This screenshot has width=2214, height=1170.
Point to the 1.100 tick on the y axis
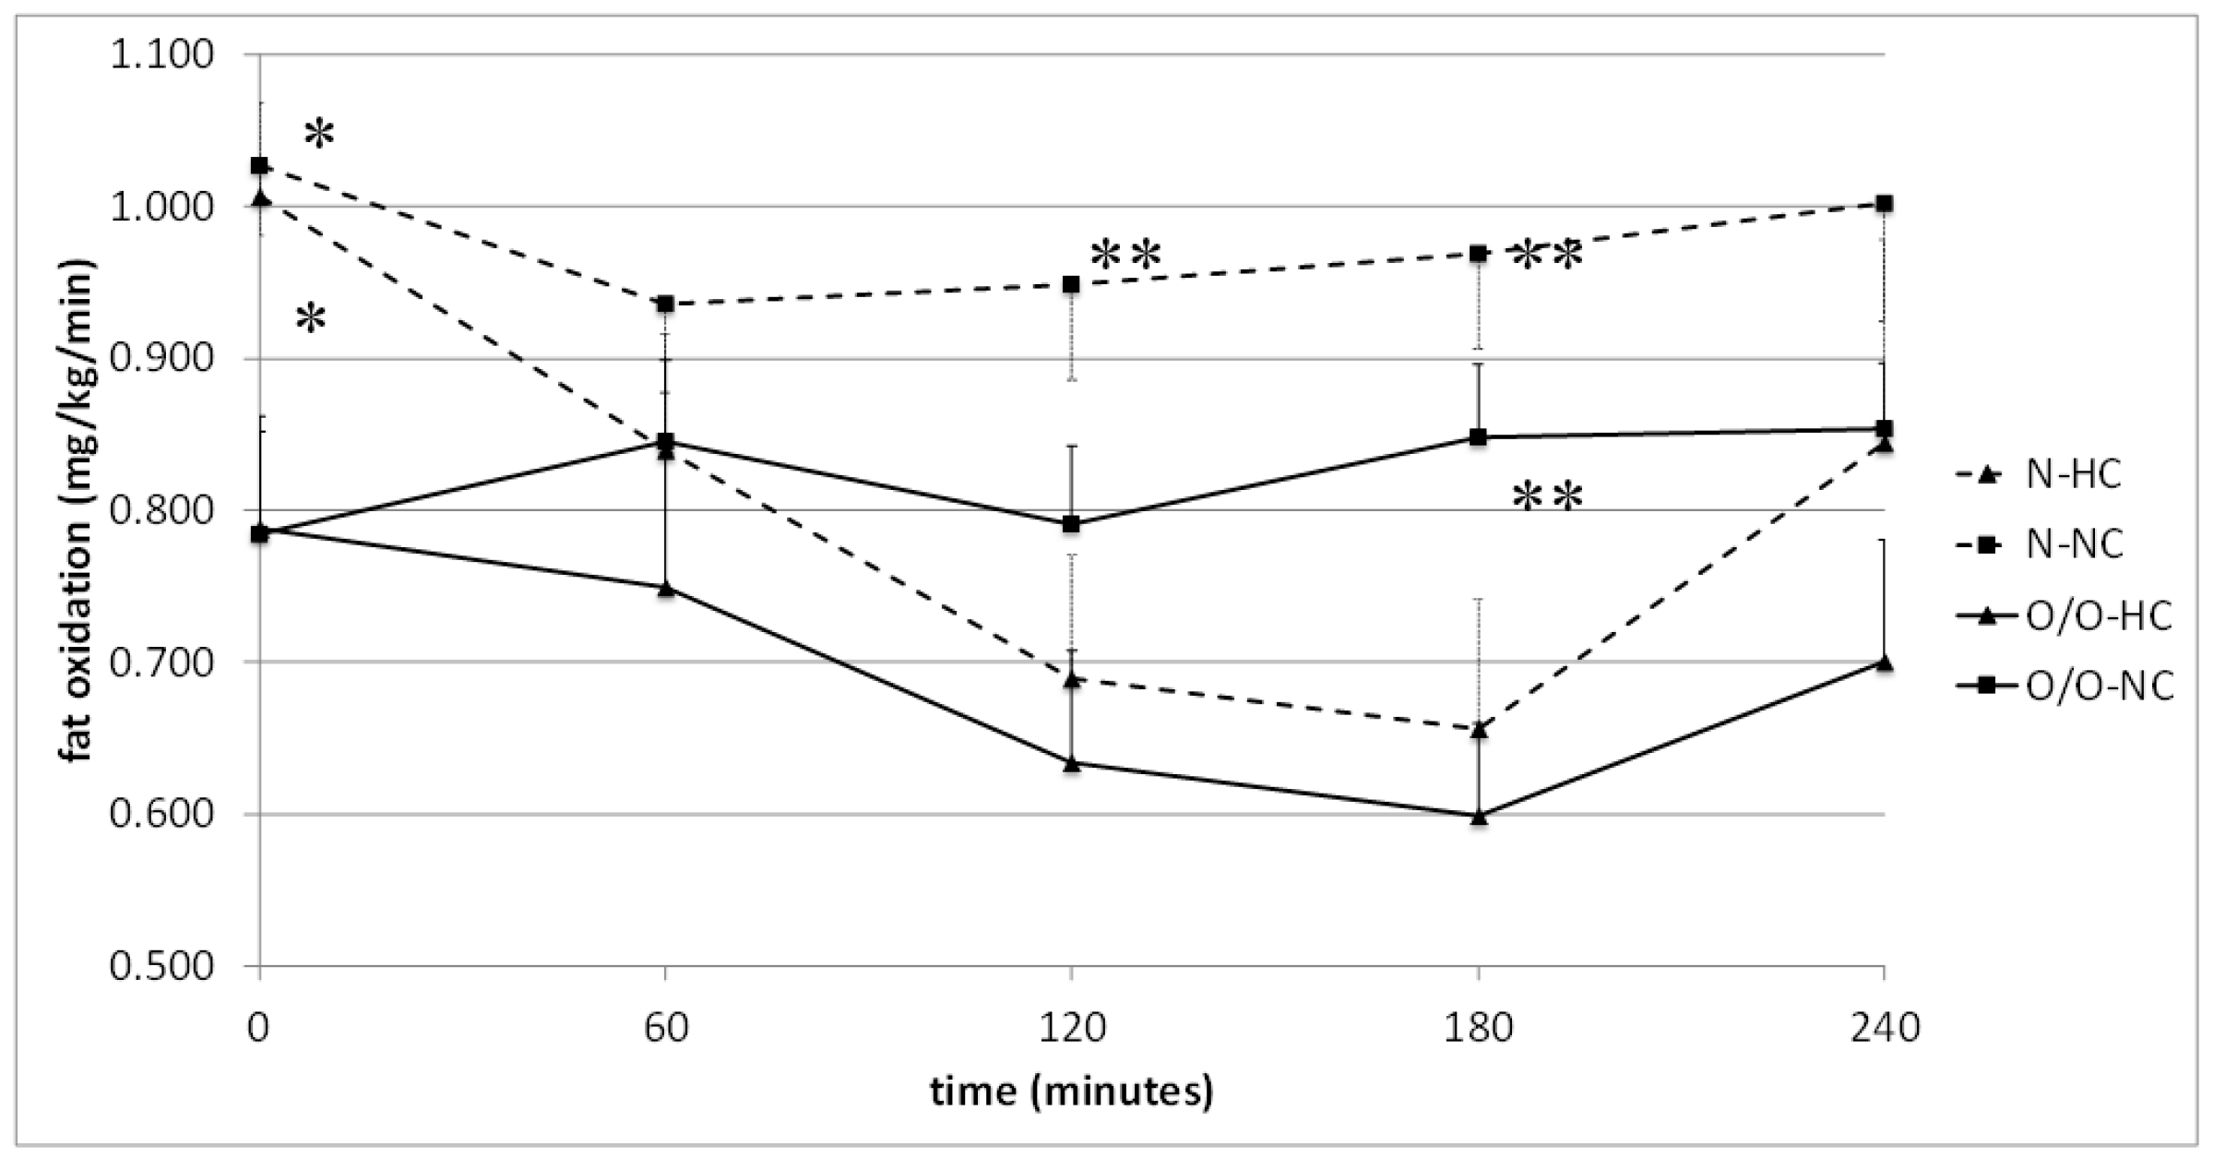tap(161, 55)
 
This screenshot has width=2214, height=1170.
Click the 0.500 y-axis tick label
tap(161, 966)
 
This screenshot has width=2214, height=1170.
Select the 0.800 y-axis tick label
tap(161, 510)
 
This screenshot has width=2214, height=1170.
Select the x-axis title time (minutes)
tap(1071, 1092)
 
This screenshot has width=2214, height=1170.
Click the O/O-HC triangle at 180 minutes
tap(1479, 816)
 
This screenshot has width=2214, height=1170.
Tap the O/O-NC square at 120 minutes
tap(1071, 524)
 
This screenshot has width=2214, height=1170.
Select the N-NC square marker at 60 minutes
tap(665, 304)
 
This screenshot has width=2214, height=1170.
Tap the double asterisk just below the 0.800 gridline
tap(1547, 498)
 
